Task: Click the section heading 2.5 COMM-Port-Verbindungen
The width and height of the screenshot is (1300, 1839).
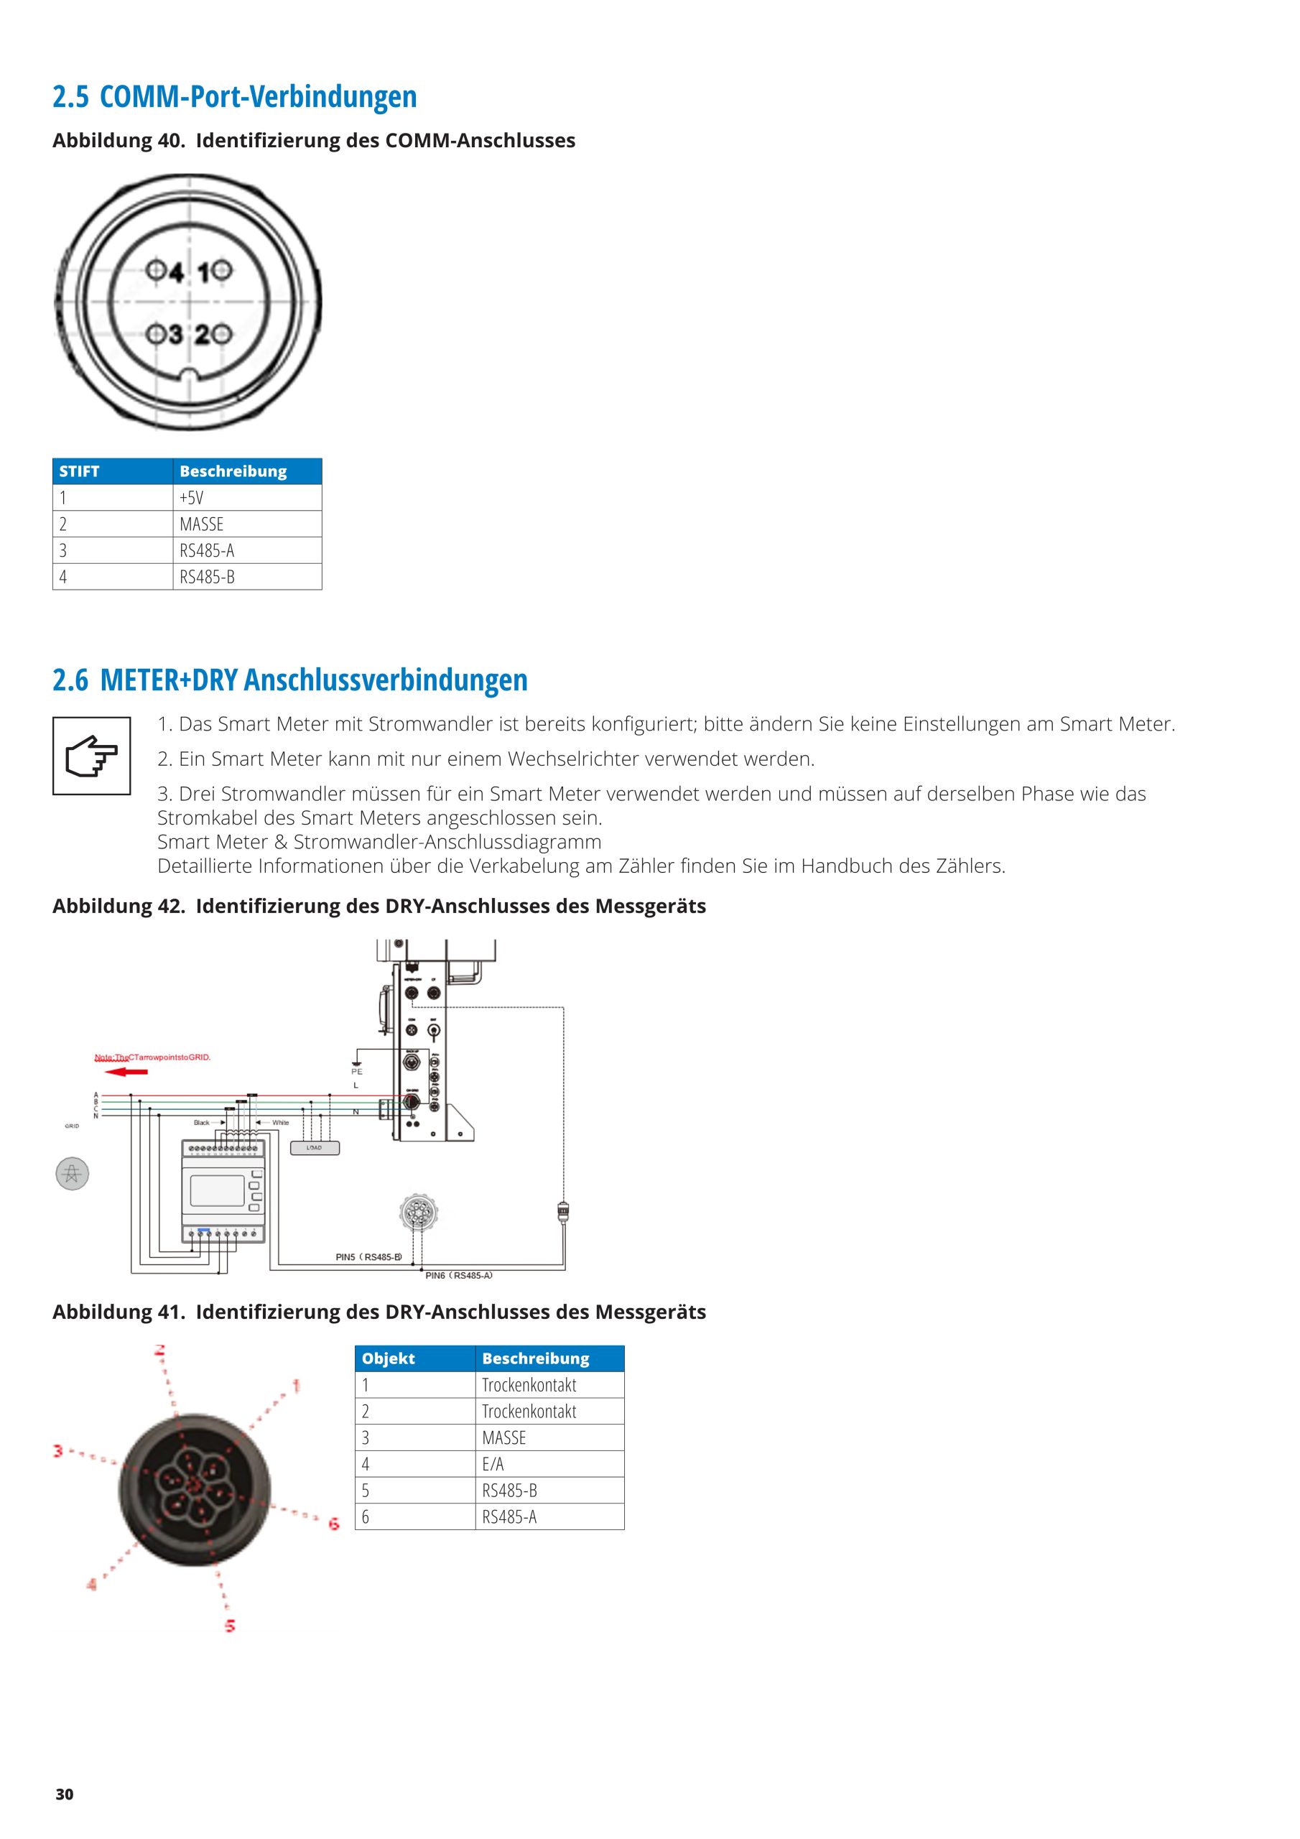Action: click(x=235, y=97)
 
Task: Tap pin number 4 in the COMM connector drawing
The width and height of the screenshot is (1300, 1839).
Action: click(x=175, y=273)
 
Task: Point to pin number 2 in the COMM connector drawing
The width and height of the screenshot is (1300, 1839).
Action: click(x=203, y=335)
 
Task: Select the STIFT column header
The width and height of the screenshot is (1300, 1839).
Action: click(x=79, y=471)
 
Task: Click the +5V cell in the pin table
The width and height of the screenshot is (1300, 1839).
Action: click(x=192, y=497)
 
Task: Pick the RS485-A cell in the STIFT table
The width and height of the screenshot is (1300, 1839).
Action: click(x=207, y=550)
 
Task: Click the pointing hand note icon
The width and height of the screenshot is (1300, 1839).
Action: click(x=91, y=755)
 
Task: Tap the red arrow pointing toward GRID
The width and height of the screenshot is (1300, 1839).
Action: click(x=126, y=1072)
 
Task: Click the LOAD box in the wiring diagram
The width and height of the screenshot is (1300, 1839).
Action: click(x=314, y=1148)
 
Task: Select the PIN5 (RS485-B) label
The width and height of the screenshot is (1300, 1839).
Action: click(x=368, y=1256)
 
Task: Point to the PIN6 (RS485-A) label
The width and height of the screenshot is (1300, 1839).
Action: click(x=458, y=1275)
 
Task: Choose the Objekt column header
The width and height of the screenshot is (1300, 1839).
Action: click(x=389, y=1358)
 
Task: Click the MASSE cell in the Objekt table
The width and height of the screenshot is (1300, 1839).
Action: click(x=503, y=1437)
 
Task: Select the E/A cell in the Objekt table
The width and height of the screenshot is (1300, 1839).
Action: click(x=493, y=1464)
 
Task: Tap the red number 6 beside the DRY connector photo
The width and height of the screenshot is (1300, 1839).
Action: click(x=334, y=1524)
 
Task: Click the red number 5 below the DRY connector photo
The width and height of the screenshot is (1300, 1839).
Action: click(x=230, y=1626)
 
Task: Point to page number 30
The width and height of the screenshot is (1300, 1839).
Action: click(x=64, y=1794)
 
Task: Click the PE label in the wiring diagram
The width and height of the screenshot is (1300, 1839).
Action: click(x=356, y=1072)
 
